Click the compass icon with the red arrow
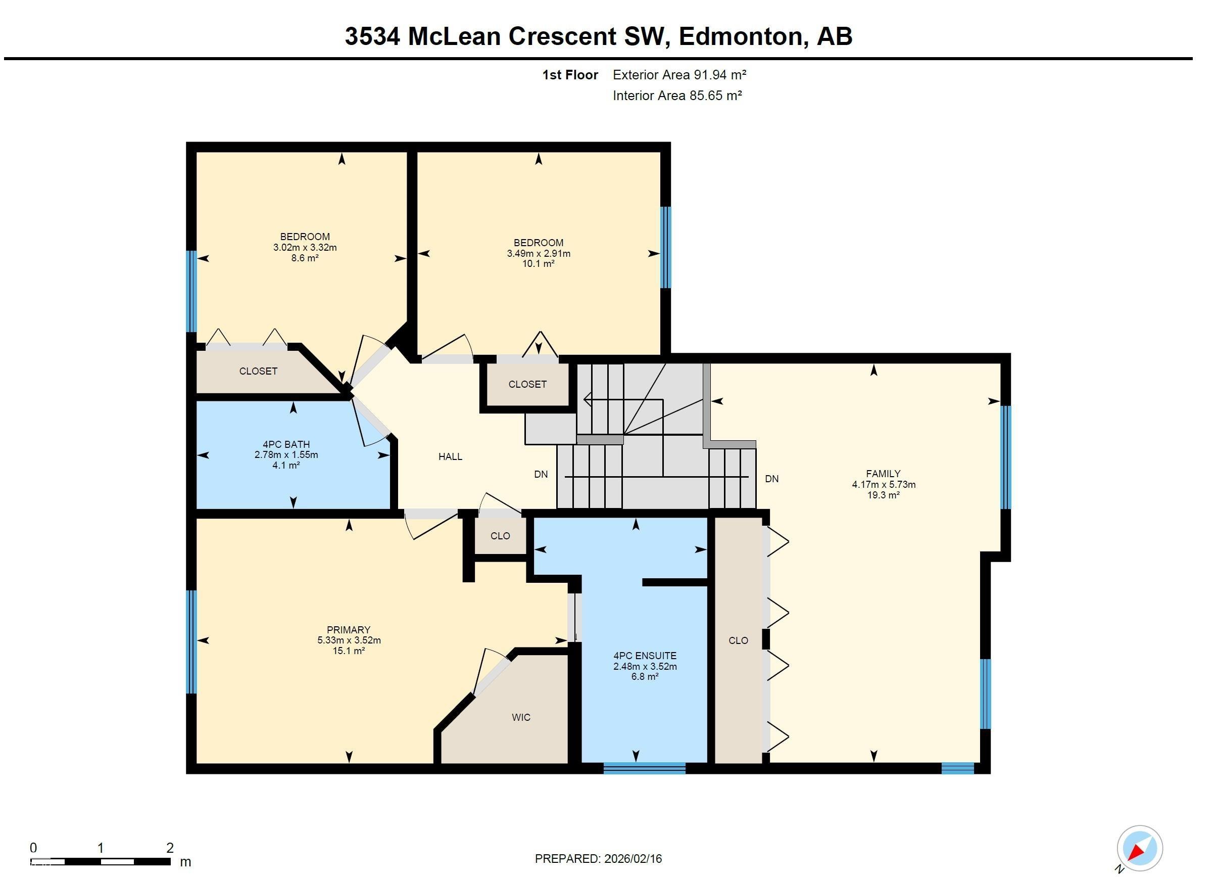click(1139, 848)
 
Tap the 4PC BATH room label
click(286, 444)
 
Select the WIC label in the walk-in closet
click(521, 717)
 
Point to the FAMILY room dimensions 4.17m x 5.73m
click(884, 484)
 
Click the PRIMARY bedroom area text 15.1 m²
click(349, 651)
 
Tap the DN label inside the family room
click(771, 479)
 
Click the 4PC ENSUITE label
click(645, 656)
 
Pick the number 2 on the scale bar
click(170, 848)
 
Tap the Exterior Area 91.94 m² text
click(679, 74)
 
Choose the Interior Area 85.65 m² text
click(677, 96)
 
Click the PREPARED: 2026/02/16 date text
click(598, 859)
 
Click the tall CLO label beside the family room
click(738, 640)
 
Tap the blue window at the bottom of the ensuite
click(645, 768)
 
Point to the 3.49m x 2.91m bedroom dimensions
click(539, 253)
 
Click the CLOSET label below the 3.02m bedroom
click(258, 371)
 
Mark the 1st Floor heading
click(570, 74)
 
